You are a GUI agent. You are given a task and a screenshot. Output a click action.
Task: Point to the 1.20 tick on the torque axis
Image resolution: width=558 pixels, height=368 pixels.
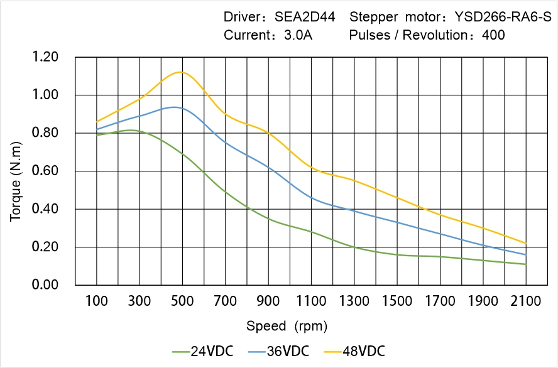(x=45, y=58)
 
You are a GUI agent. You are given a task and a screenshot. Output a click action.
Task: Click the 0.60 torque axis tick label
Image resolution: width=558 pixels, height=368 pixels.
(x=45, y=171)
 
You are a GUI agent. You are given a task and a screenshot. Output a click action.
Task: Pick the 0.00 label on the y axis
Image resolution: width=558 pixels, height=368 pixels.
(x=45, y=285)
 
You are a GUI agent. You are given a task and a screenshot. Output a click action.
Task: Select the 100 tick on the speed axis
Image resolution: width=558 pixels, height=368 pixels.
(x=97, y=302)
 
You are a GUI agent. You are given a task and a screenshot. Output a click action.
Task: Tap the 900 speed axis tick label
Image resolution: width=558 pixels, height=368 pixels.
(x=268, y=302)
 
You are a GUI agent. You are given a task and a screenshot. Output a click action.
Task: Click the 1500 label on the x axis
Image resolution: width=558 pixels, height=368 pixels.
(x=397, y=302)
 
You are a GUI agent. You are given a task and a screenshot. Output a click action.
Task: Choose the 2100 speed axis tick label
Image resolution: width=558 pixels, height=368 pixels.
(x=526, y=302)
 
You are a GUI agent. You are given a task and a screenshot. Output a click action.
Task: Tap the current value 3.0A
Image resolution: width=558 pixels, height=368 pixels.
(x=298, y=35)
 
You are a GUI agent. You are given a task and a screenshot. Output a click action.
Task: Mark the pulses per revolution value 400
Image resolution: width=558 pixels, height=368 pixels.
(x=494, y=35)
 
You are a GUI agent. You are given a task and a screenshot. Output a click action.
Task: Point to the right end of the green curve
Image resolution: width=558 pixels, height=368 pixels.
(x=525, y=264)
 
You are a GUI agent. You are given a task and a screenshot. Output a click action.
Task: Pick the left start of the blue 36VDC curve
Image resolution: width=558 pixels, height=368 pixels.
(x=97, y=129)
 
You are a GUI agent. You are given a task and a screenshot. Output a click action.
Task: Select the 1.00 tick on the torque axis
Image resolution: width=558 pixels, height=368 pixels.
(x=45, y=95)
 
